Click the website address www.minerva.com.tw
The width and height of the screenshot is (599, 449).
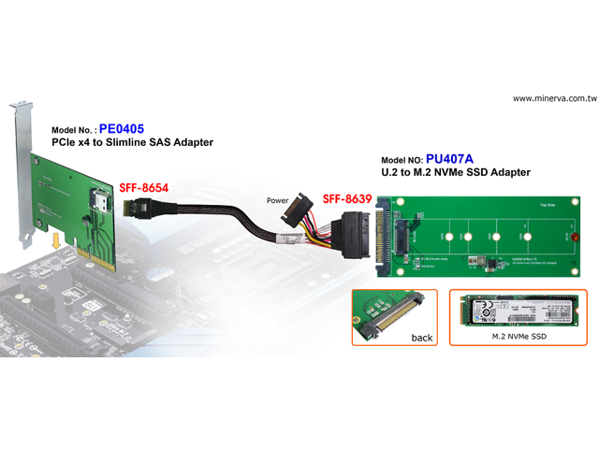[x=555, y=98]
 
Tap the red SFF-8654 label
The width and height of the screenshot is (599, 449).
[x=142, y=188]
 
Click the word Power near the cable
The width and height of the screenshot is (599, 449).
[x=278, y=200]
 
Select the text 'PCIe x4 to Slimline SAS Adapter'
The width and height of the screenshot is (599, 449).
[x=132, y=143]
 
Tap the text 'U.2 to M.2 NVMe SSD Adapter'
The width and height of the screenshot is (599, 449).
[x=456, y=173]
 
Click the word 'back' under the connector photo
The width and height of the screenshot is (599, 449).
[x=422, y=338]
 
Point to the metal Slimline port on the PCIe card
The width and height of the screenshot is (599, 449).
[x=97, y=200]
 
